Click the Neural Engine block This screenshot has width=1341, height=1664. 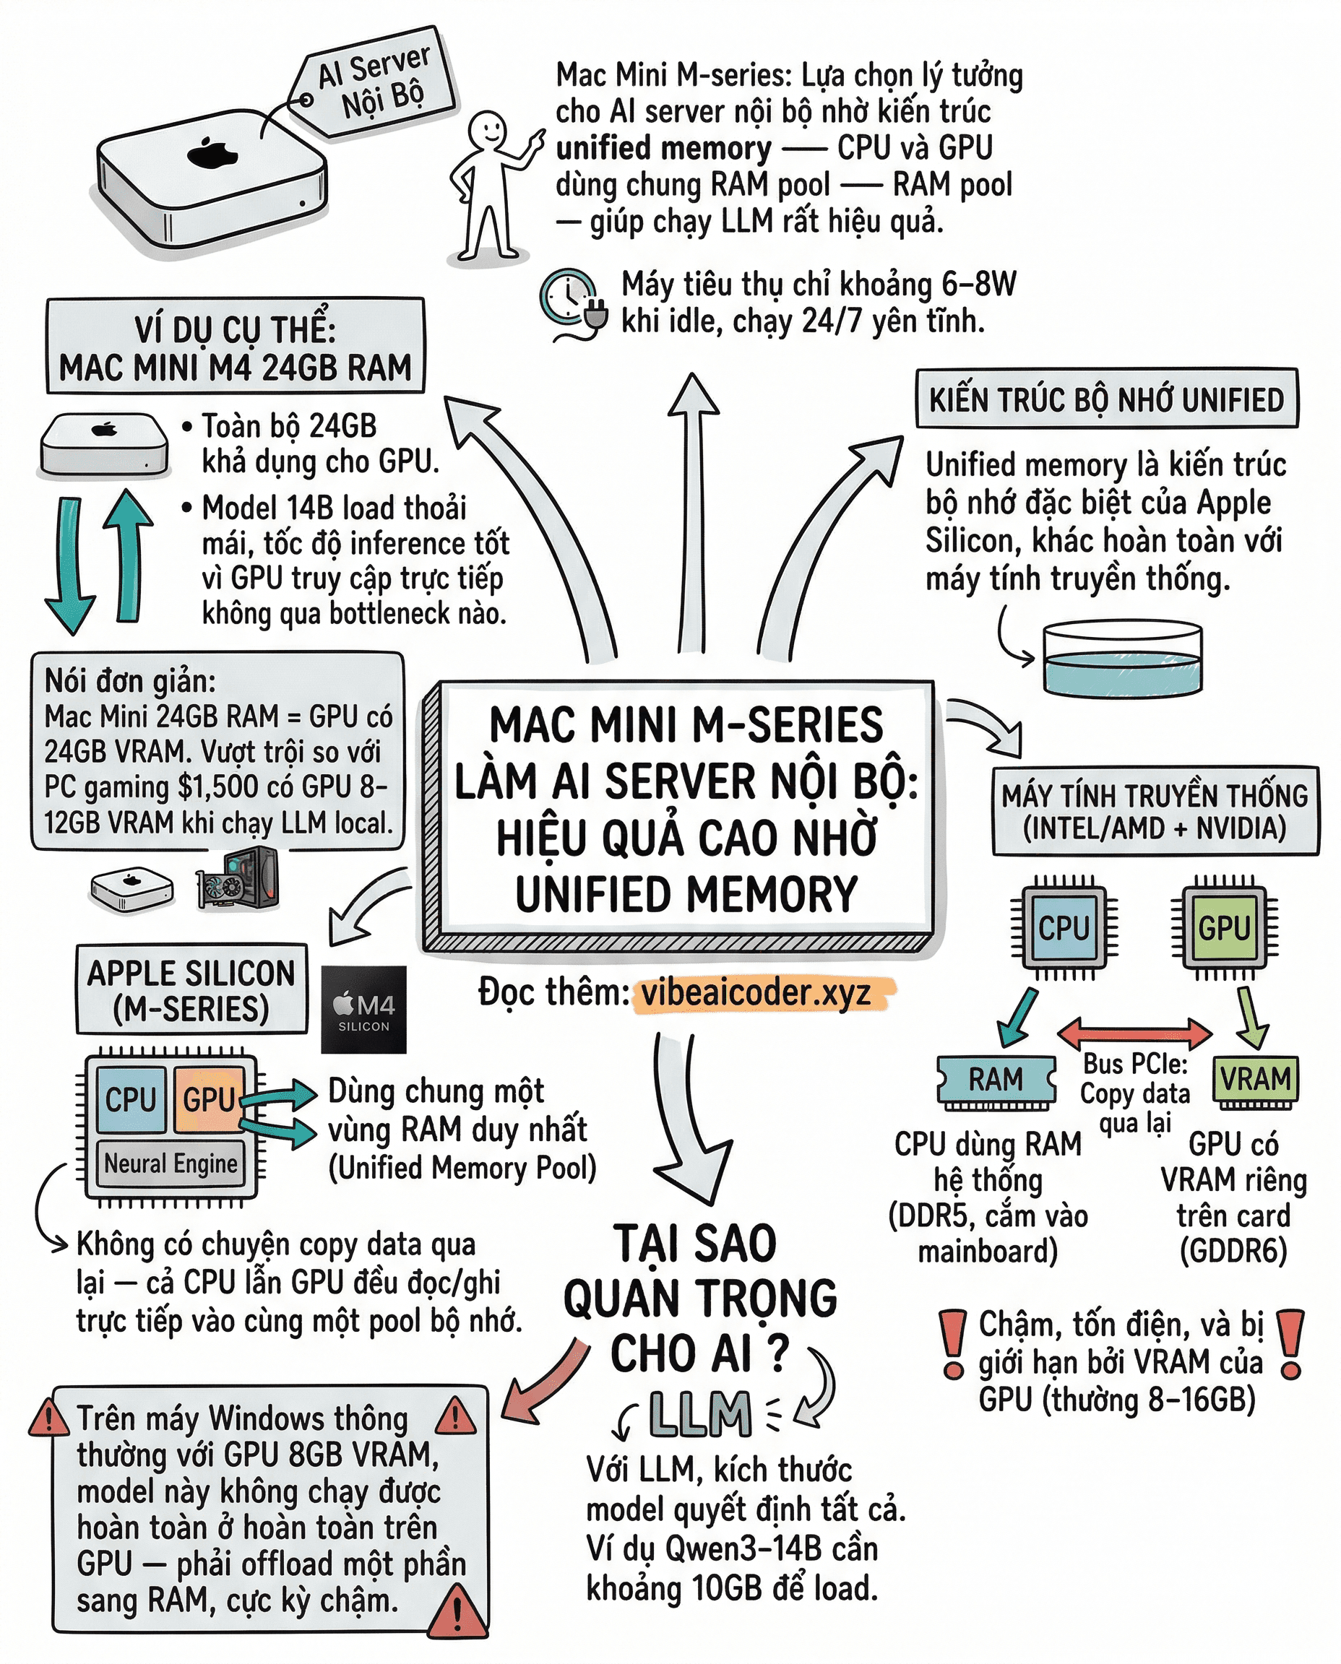tap(171, 1163)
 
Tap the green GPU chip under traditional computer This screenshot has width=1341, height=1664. tap(1223, 927)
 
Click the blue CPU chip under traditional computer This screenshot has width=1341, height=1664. tap(1063, 927)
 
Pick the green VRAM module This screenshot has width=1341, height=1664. tap(1254, 1079)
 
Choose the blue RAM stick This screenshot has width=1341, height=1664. tap(995, 1080)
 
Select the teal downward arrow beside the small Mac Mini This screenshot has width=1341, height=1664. tap(69, 563)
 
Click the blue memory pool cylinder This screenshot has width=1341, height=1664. tap(1121, 659)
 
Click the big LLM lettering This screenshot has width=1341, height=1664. tap(700, 1415)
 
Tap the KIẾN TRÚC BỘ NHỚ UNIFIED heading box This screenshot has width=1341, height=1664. tap(1106, 400)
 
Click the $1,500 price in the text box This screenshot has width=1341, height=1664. tap(217, 786)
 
